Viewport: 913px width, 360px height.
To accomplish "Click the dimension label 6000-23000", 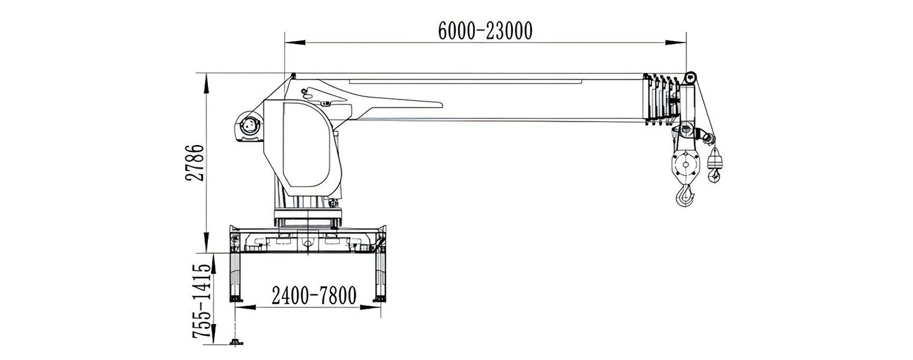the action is coord(485,30).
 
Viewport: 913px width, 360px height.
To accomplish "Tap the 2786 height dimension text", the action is coord(195,162).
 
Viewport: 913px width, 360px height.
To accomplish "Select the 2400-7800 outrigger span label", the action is coord(314,295).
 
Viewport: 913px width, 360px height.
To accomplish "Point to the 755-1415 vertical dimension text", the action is coord(202,301).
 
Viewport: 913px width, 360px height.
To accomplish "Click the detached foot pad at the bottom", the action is coord(236,342).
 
